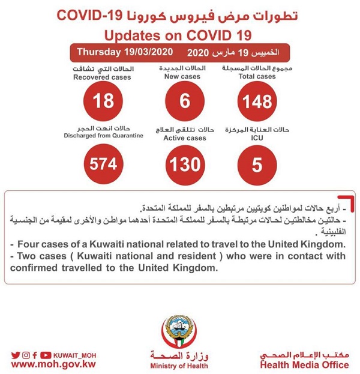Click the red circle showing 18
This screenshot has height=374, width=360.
(103, 101)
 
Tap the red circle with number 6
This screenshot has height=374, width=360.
(184, 101)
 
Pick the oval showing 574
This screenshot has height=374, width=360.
(104, 163)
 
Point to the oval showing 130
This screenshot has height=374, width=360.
(184, 163)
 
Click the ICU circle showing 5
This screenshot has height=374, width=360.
(257, 163)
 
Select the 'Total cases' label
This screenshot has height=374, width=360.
(256, 77)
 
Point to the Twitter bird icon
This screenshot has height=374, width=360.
(15, 355)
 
